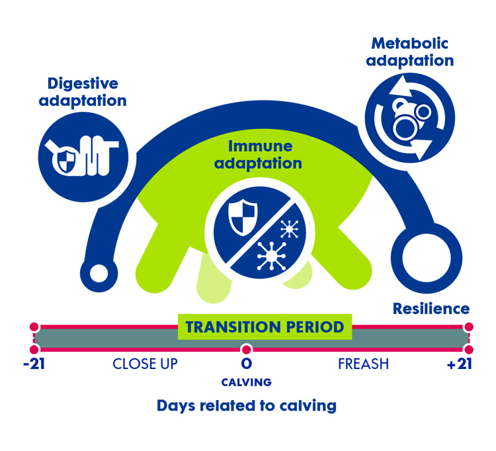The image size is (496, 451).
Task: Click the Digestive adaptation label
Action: (x=83, y=93)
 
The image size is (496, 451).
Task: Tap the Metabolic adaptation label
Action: (x=411, y=52)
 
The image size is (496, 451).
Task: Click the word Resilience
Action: (x=431, y=309)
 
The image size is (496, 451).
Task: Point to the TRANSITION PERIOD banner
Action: (x=265, y=327)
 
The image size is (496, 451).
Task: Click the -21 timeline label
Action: (x=34, y=364)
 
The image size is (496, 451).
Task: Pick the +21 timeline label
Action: (x=460, y=364)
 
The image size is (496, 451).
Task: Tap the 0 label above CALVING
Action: (x=247, y=364)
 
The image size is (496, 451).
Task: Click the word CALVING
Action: (x=247, y=382)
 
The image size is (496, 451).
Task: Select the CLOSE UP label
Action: (x=145, y=364)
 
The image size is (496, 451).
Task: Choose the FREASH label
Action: (x=363, y=364)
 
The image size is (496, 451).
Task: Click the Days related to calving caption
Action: (x=247, y=405)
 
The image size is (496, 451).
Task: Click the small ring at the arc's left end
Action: (x=99, y=272)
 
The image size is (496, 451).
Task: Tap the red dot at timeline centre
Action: (x=247, y=349)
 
